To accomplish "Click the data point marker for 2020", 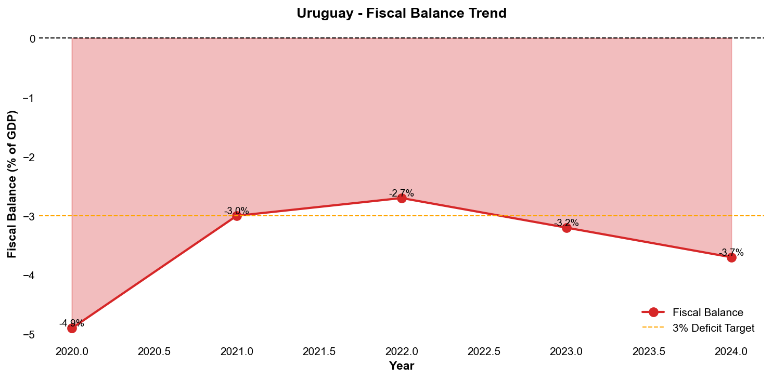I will (72, 328).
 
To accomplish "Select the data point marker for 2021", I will (237, 216).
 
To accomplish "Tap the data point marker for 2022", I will (402, 198).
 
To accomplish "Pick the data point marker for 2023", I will (567, 228).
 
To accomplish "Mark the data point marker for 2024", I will (731, 257).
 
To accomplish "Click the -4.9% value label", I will (72, 323).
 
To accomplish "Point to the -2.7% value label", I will (402, 193).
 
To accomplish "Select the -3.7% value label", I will (731, 253).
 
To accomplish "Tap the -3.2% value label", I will (567, 223).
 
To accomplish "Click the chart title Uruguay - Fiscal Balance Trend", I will (402, 14).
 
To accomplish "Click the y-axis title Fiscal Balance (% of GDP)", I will (12, 184).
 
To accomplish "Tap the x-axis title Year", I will (402, 366).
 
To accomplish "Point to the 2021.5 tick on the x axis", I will (319, 352).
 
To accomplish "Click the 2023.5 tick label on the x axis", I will (649, 352).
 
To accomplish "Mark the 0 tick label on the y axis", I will (32, 38).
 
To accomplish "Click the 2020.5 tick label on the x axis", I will (154, 352).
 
